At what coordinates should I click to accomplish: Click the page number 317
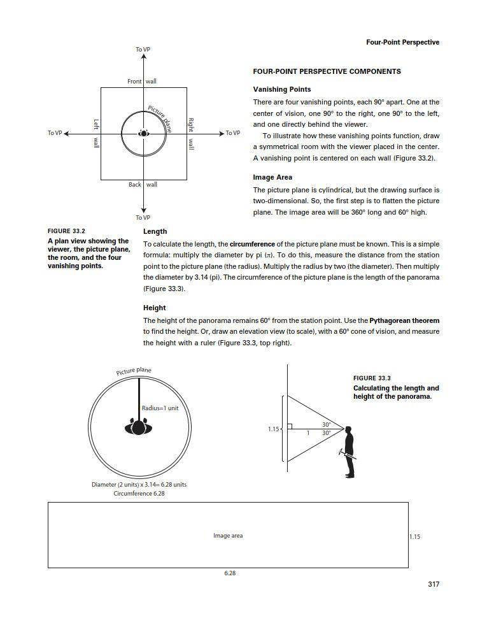click(x=433, y=584)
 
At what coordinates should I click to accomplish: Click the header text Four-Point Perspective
click(x=402, y=43)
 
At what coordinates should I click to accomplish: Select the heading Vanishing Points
click(x=282, y=89)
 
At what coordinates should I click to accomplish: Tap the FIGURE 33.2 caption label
click(x=66, y=231)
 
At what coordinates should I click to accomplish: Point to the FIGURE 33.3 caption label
click(x=372, y=378)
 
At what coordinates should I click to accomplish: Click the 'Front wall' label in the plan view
click(x=142, y=82)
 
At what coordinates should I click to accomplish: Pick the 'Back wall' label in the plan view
click(x=143, y=185)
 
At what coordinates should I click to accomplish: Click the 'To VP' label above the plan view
click(x=143, y=50)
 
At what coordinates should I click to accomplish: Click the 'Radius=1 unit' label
click(x=160, y=408)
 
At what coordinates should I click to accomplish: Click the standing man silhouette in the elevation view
click(x=349, y=451)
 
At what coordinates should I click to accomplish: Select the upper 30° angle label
click(x=326, y=424)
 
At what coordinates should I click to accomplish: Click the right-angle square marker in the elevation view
click(x=290, y=426)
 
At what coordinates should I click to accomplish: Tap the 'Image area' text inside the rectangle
click(x=228, y=536)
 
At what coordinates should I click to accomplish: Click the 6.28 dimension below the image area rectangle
click(x=230, y=573)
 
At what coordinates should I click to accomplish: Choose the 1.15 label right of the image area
click(x=414, y=537)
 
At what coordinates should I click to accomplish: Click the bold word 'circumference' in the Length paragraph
click(x=252, y=244)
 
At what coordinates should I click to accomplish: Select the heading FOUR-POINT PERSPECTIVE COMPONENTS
click(x=327, y=71)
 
